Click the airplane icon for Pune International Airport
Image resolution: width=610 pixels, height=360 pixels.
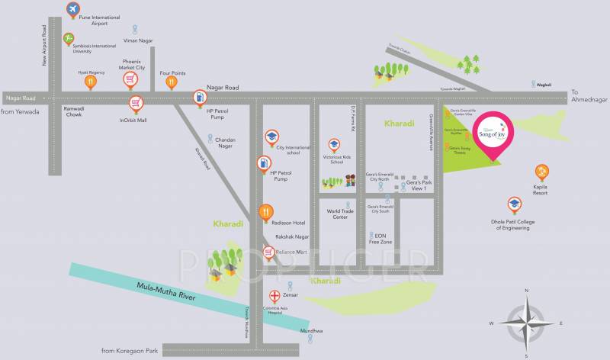point(73,10)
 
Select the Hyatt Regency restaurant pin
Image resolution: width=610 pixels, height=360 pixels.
point(91,80)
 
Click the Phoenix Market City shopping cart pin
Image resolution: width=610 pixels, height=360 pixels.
point(131,79)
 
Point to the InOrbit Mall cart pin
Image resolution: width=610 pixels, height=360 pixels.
point(136,103)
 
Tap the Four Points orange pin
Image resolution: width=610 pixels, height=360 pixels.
point(172,81)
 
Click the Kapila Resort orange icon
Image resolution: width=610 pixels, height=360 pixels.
point(541,171)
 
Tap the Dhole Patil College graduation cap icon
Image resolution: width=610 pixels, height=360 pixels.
point(515,204)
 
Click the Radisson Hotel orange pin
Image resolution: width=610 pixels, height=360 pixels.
point(265,213)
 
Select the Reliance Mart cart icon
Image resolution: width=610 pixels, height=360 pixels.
point(268,252)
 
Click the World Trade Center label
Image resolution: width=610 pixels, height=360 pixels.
point(336,214)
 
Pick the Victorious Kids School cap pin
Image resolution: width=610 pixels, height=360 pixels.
point(333,144)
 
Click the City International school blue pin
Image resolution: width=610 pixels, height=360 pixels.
point(270,137)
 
